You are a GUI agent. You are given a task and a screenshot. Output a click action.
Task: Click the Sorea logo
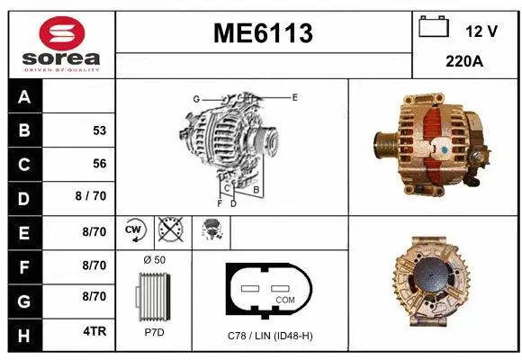click(x=61, y=43)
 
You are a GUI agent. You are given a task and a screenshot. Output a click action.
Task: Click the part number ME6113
click(x=263, y=33)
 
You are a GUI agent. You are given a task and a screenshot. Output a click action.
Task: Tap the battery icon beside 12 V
click(x=434, y=28)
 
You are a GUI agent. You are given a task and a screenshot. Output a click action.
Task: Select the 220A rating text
click(x=466, y=63)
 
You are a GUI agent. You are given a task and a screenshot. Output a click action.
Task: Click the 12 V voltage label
click(x=481, y=31)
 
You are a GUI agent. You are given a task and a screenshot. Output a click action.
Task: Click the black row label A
click(x=23, y=98)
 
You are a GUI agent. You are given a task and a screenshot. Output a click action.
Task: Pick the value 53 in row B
click(x=99, y=130)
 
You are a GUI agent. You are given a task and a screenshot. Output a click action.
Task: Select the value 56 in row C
click(x=99, y=164)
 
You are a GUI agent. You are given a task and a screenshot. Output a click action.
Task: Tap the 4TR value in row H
click(x=94, y=331)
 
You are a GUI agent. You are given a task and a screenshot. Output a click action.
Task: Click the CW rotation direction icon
click(x=135, y=230)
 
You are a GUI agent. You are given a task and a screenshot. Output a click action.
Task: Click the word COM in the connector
click(x=284, y=299)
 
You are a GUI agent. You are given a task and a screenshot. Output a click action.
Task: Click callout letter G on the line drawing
click(x=195, y=98)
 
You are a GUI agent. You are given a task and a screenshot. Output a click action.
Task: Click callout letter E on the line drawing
click(x=294, y=96)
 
